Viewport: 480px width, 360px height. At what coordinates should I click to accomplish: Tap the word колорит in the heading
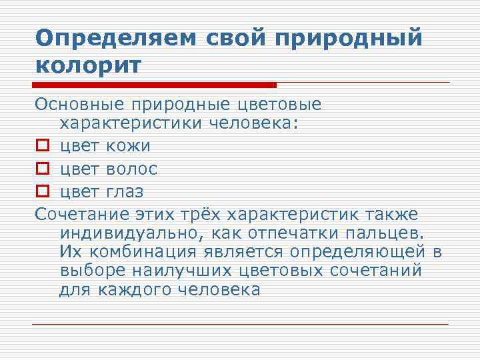[88, 67]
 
